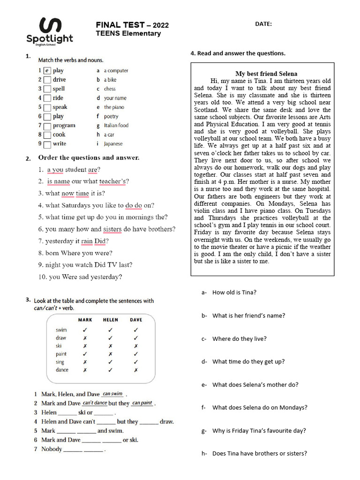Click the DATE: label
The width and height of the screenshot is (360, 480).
pyautogui.click(x=263, y=24)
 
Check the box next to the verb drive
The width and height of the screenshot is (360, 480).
pyautogui.click(x=47, y=80)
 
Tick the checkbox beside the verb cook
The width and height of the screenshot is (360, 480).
pyautogui.click(x=47, y=135)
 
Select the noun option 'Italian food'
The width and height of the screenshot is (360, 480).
pyautogui.click(x=116, y=125)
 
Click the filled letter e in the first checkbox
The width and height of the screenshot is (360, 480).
pyautogui.click(x=47, y=71)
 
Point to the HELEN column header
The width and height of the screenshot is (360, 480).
pyautogui.click(x=110, y=320)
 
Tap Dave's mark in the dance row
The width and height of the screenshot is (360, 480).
pyautogui.click(x=135, y=370)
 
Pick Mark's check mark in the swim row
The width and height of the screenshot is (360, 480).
pyautogui.click(x=85, y=330)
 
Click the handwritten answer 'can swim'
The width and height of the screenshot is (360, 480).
pyautogui.click(x=112, y=394)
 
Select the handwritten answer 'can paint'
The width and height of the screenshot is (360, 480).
pyautogui.click(x=142, y=403)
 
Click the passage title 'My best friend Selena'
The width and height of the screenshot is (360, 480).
pyautogui.click(x=266, y=74)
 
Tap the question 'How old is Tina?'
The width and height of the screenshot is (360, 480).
pyautogui.click(x=234, y=292)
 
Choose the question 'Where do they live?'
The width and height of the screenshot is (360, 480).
pyautogui.click(x=239, y=338)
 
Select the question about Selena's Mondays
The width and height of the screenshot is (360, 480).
pyautogui.click(x=260, y=407)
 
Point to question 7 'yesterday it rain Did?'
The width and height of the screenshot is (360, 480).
pyautogui.click(x=77, y=241)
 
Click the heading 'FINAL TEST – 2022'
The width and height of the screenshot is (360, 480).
pyautogui.click(x=132, y=25)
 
